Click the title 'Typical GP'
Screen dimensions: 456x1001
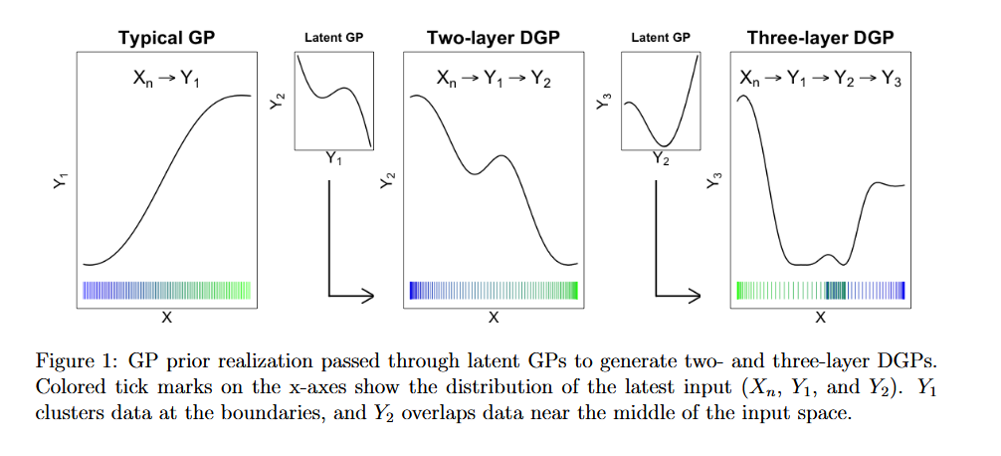[x=167, y=39]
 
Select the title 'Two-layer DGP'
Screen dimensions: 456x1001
[x=494, y=39]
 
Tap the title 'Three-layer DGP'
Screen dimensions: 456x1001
[x=820, y=39]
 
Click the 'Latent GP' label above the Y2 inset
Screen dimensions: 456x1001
[x=333, y=38]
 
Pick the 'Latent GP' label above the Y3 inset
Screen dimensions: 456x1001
[x=661, y=38]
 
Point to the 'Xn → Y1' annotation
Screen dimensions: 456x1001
[x=166, y=78]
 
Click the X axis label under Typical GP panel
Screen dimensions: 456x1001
[x=167, y=318]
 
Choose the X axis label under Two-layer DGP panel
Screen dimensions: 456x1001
[x=494, y=318]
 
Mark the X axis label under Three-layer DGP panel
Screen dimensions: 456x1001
[x=820, y=318]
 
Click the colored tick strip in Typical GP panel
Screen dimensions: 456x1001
[x=167, y=291]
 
